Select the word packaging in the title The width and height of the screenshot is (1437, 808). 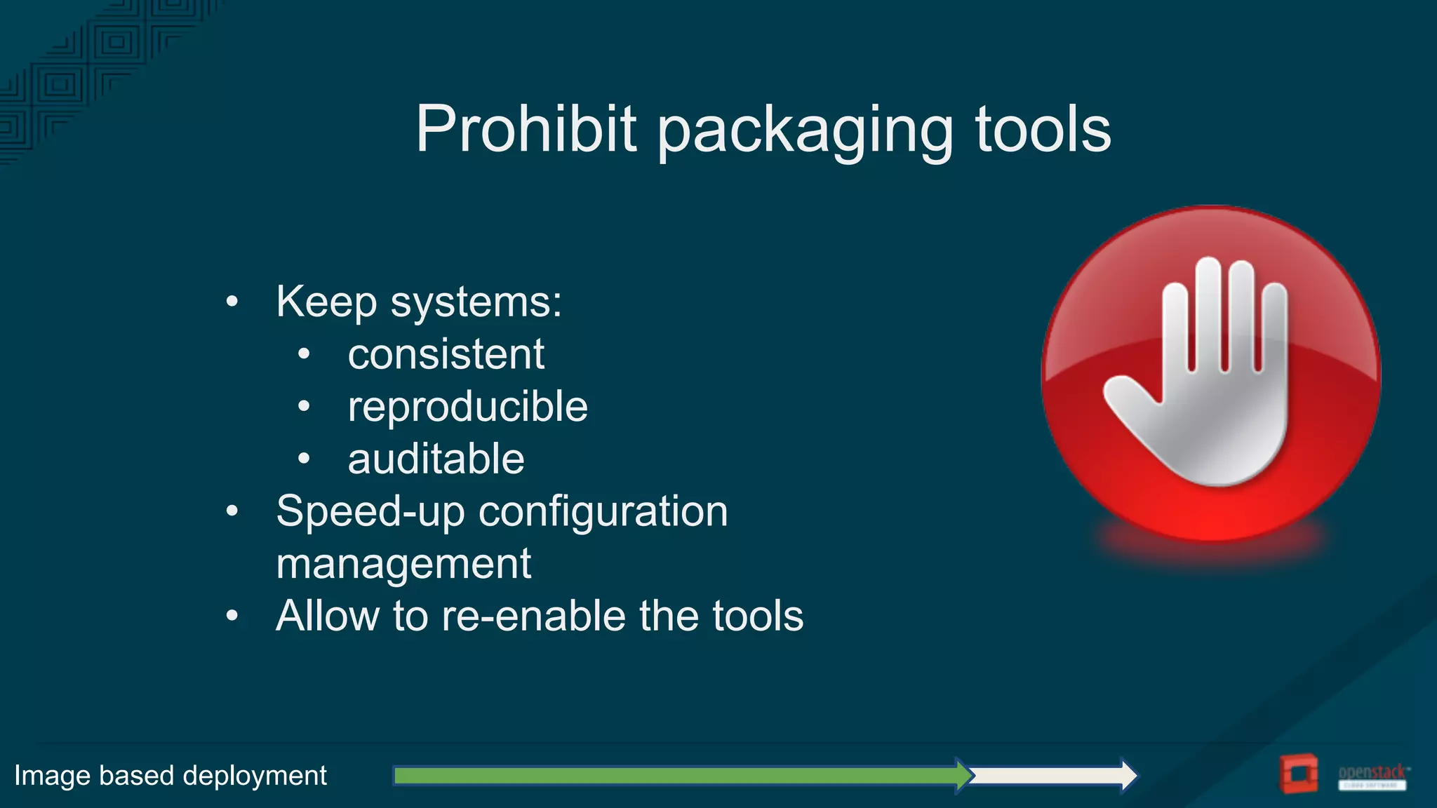(806, 132)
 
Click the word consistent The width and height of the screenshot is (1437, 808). (446, 354)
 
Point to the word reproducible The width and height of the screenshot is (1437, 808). (467, 407)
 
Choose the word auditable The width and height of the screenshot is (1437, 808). (436, 459)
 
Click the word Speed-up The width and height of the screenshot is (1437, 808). (370, 511)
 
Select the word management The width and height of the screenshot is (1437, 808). (403, 564)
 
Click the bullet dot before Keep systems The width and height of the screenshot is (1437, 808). (232, 302)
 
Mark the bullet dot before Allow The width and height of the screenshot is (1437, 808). (232, 616)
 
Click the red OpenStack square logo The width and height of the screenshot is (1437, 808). (1297, 774)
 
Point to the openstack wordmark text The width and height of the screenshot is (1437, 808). (1372, 772)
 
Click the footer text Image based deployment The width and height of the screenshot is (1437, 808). (171, 776)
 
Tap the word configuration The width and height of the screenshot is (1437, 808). (603, 511)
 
